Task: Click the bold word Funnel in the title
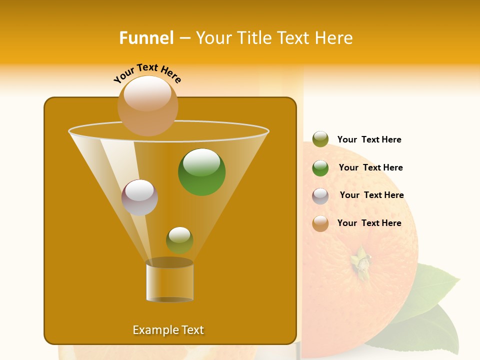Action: pyautogui.click(x=146, y=38)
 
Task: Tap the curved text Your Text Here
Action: pyautogui.click(x=147, y=73)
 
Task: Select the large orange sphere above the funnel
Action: pyautogui.click(x=147, y=105)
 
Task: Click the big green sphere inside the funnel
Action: pyautogui.click(x=201, y=172)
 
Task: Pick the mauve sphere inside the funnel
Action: pyautogui.click(x=139, y=197)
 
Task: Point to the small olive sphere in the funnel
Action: pyautogui.click(x=179, y=240)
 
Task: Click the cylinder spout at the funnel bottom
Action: pyautogui.click(x=169, y=280)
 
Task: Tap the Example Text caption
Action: pyautogui.click(x=168, y=330)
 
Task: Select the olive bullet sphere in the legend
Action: pyautogui.click(x=320, y=139)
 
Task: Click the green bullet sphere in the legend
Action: pyautogui.click(x=320, y=168)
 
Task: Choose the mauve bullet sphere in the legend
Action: pyautogui.click(x=320, y=196)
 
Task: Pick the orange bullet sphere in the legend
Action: pyautogui.click(x=320, y=223)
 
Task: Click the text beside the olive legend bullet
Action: pyautogui.click(x=369, y=140)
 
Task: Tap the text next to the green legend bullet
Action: pyautogui.click(x=370, y=167)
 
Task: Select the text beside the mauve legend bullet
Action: pyautogui.click(x=371, y=195)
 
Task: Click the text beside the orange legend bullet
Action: pyautogui.click(x=369, y=223)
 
